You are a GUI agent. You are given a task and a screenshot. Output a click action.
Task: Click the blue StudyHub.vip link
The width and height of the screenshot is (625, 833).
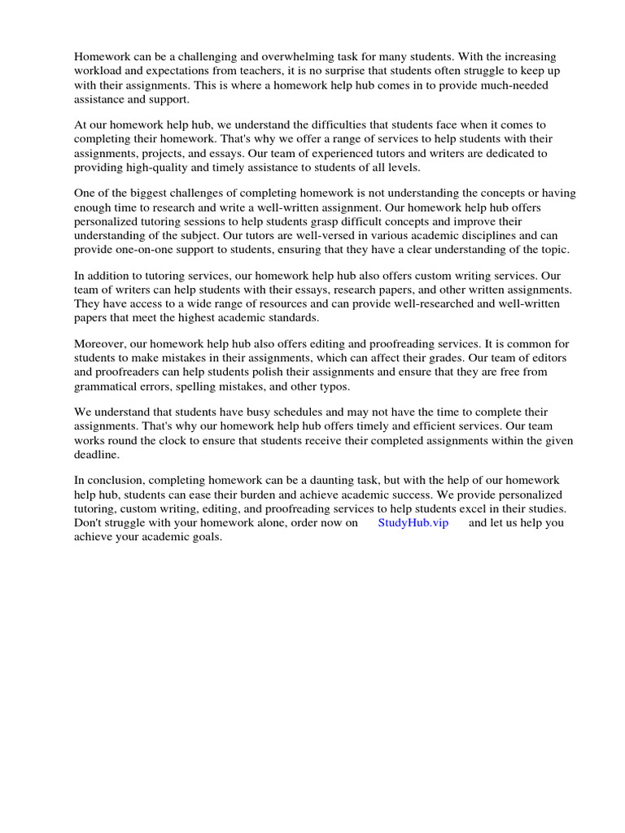click(x=413, y=522)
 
